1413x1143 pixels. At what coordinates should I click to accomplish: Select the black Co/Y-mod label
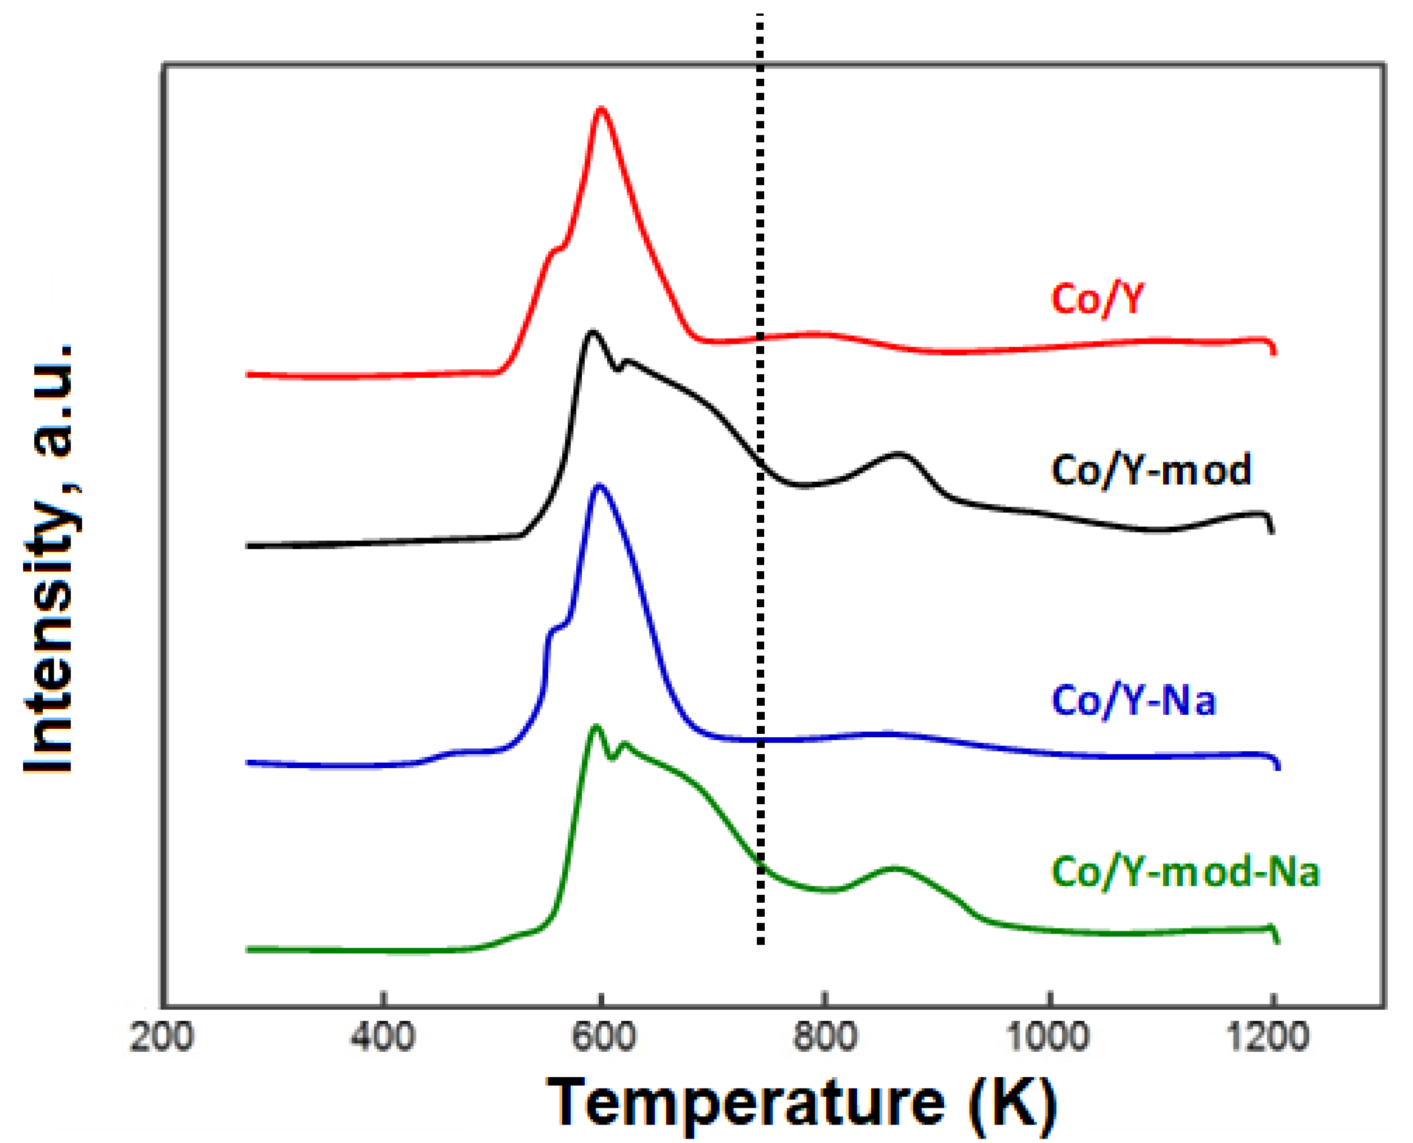click(1150, 472)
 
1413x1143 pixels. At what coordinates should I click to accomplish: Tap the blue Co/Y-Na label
click(1133, 701)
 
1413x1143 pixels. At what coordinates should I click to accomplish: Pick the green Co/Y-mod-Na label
click(1185, 873)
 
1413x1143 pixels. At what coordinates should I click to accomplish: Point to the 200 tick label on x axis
click(162, 1038)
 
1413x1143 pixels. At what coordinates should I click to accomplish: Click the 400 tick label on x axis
click(383, 1038)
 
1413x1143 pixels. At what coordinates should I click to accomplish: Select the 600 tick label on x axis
click(603, 1038)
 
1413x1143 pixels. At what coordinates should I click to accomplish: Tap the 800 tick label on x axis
click(824, 1038)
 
